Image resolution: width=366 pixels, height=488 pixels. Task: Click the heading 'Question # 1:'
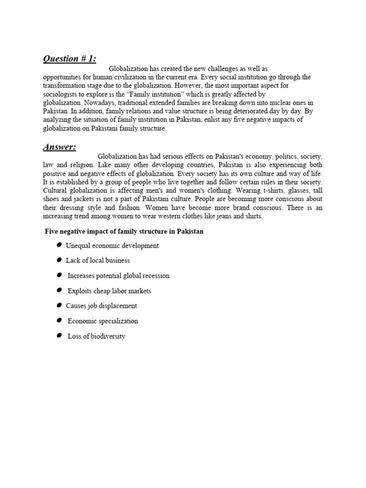click(x=70, y=59)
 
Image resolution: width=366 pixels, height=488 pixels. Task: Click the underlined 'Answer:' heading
click(x=59, y=147)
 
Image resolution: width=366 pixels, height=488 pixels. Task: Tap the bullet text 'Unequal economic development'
click(x=112, y=245)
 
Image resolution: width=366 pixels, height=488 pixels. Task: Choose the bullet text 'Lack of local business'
click(x=98, y=261)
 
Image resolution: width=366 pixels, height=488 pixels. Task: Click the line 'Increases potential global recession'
click(x=118, y=275)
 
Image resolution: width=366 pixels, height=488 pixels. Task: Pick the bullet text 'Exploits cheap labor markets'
click(x=109, y=291)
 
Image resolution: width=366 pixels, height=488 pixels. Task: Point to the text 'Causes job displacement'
click(x=102, y=306)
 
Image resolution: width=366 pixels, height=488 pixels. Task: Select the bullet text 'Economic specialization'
click(x=103, y=321)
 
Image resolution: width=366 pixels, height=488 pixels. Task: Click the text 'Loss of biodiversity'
click(x=96, y=336)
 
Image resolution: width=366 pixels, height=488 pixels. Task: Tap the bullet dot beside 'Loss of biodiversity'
click(x=59, y=336)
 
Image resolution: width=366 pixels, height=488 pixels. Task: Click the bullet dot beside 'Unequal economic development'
click(x=59, y=245)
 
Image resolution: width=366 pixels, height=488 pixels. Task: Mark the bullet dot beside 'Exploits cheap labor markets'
click(x=59, y=290)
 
